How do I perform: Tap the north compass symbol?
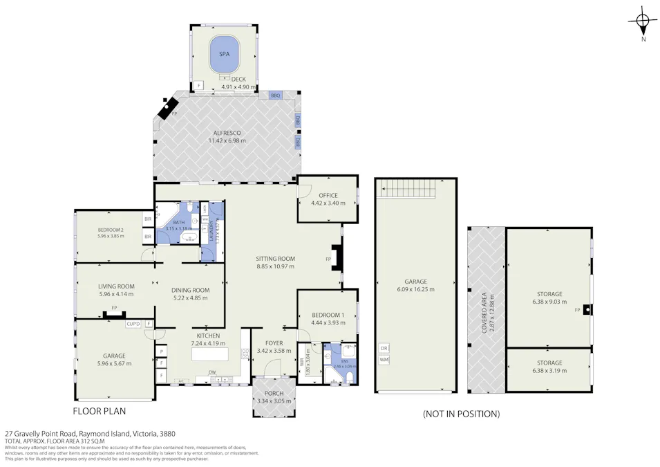coord(643,21)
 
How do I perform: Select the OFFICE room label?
coord(328,196)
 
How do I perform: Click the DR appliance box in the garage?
coord(384,348)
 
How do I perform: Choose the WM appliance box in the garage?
coord(384,360)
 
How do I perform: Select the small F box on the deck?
coord(199,86)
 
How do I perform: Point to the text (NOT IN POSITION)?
coord(461,414)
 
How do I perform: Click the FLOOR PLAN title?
coord(100,411)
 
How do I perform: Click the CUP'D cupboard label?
coord(133,324)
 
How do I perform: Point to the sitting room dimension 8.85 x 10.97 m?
coord(275,266)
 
